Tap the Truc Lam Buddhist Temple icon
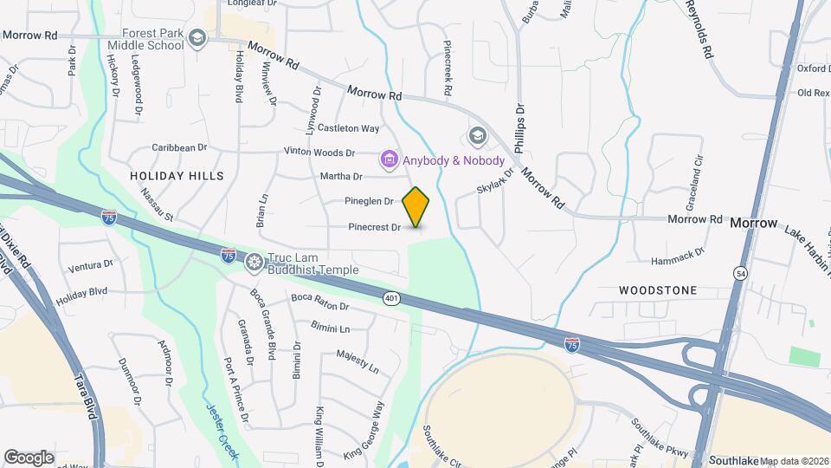[x=254, y=262]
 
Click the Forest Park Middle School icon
[x=197, y=37]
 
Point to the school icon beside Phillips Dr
[x=476, y=136]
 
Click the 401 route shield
[x=392, y=298]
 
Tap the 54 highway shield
[x=740, y=274]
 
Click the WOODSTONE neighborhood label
[x=659, y=290]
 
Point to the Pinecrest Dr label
[x=375, y=228]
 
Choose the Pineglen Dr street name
[x=370, y=201]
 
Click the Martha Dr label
[x=340, y=177]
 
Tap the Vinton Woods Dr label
[x=320, y=152]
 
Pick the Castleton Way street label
[x=349, y=128]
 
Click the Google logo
[x=29, y=457]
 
